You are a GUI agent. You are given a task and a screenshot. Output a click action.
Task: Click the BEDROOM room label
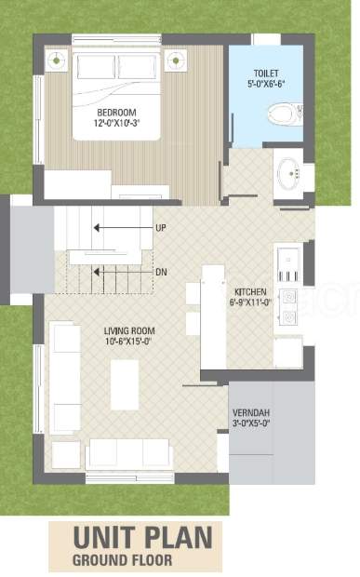116,113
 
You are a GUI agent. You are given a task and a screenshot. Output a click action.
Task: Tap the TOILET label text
266,74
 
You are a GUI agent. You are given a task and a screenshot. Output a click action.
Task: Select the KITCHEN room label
250,292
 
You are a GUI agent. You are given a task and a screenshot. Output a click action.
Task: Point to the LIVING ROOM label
129,330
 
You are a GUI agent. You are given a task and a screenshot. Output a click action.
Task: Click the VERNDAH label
251,413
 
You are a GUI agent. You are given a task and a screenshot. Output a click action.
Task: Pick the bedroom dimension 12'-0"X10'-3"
116,123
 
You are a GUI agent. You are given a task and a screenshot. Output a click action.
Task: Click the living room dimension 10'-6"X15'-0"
128,342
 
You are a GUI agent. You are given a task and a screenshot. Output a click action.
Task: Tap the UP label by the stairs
161,228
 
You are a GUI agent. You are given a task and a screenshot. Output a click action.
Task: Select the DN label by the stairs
162,273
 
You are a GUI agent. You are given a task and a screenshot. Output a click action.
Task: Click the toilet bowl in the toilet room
285,114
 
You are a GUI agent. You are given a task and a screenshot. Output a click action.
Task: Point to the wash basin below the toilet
288,174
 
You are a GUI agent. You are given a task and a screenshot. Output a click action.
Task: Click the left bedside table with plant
56,60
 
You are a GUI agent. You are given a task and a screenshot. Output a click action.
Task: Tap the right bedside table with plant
176,60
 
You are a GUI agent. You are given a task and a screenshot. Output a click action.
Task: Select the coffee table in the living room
125,385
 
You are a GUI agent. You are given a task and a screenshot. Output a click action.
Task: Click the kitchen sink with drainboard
289,265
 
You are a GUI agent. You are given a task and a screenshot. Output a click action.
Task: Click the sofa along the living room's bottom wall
129,454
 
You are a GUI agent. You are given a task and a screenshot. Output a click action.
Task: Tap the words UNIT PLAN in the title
143,538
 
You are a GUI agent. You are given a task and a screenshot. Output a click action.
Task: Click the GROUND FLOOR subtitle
123,560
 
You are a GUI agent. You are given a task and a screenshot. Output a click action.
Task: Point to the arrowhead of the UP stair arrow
97,228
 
